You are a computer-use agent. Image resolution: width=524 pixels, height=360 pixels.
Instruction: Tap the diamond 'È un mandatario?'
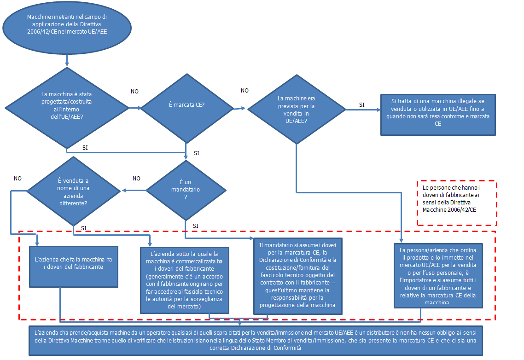point(186,189)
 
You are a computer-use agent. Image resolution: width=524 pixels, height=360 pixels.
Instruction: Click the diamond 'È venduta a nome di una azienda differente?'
point(74,191)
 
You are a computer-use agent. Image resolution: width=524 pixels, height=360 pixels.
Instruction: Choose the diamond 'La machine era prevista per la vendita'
point(296,110)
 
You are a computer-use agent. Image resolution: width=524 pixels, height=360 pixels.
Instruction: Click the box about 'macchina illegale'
point(438,115)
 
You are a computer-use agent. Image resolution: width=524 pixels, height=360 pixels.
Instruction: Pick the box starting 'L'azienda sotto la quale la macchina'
point(184,279)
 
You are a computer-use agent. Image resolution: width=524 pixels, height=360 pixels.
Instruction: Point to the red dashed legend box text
point(456,203)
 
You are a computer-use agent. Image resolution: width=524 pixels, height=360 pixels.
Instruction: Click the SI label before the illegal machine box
point(362,105)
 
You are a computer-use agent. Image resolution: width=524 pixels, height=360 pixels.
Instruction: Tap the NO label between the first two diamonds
point(134,92)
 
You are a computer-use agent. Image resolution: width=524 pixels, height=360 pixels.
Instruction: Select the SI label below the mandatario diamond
point(196,226)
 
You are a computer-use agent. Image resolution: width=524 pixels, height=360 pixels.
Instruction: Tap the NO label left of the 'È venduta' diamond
point(18,178)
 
